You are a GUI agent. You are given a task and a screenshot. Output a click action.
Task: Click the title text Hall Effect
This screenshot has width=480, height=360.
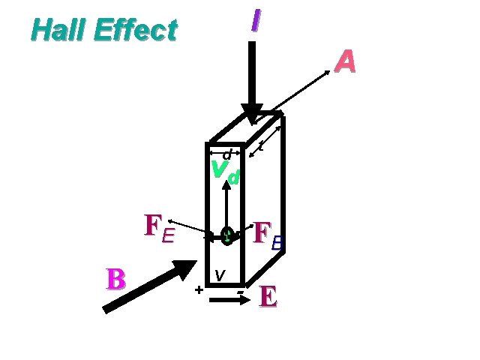[x=104, y=30]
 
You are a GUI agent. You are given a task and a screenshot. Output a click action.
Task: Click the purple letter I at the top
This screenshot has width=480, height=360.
[x=256, y=20]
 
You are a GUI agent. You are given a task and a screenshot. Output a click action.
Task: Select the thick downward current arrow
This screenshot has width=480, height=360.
[x=252, y=82]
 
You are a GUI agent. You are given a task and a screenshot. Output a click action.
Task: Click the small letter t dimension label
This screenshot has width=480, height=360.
[x=259, y=142]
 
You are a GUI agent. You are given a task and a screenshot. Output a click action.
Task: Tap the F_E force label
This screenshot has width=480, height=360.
[x=159, y=229]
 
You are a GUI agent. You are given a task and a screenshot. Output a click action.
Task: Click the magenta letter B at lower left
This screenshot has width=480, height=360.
[x=115, y=278]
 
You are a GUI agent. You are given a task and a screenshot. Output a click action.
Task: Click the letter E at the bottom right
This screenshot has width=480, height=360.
[x=268, y=297]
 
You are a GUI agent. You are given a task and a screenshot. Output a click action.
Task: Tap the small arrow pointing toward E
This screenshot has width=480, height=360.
[x=228, y=301]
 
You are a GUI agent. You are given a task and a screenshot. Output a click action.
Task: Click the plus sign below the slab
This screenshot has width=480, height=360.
[x=199, y=289]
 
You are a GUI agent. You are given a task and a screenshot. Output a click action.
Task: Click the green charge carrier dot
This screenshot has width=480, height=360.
[x=226, y=237]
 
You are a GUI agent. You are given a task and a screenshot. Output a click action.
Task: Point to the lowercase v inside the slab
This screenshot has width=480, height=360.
[x=219, y=275]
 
